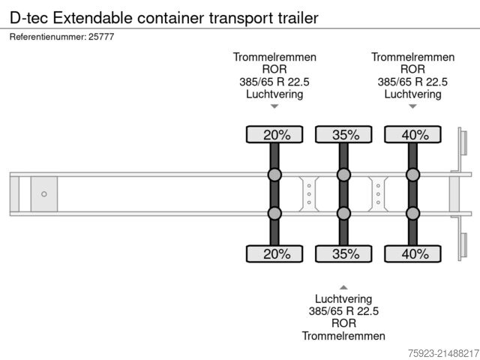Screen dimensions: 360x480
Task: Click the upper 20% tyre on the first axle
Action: tap(274, 135)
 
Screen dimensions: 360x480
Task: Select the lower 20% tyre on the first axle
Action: tap(274, 253)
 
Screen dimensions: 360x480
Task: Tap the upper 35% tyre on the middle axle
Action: tap(343, 135)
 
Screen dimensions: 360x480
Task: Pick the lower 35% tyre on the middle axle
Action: tap(343, 253)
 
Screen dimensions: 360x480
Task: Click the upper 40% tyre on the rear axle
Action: tap(412, 135)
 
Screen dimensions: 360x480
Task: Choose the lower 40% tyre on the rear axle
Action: tap(412, 253)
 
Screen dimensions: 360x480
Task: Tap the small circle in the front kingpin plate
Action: tap(44, 194)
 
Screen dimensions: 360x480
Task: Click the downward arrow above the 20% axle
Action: tap(274, 106)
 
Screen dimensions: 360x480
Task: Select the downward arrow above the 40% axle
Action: tap(412, 106)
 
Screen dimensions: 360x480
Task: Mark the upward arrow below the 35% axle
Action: tap(343, 286)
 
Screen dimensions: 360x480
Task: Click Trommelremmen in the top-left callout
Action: tap(274, 57)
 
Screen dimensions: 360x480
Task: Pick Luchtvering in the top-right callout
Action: tap(412, 94)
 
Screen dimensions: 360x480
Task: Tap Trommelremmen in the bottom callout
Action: tap(343, 335)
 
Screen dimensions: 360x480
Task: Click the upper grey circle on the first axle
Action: tap(274, 175)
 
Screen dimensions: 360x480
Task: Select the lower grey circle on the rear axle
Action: tap(412, 214)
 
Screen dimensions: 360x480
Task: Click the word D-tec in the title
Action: tap(27, 16)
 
